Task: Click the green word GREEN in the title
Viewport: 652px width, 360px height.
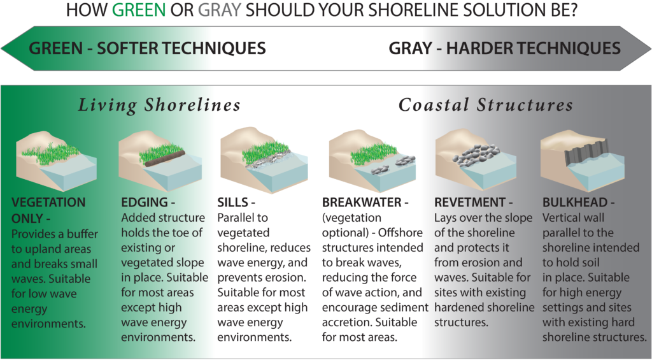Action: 139,10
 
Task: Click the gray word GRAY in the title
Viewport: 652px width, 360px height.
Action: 220,10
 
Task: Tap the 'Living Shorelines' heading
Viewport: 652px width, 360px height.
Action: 159,105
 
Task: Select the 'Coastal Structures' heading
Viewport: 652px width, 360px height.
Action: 486,105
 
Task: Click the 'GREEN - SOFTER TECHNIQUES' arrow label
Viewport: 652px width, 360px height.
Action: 147,48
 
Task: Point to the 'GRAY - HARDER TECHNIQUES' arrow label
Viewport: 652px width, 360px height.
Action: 504,48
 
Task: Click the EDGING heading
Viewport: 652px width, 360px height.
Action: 148,202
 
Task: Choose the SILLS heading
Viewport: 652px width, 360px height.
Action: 236,202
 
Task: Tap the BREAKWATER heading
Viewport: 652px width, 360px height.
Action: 365,202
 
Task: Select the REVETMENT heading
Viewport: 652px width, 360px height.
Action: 474,202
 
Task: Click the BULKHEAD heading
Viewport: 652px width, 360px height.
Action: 578,202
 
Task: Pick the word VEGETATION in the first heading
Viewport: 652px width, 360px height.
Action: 48,202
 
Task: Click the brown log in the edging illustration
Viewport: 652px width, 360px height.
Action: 165,159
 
